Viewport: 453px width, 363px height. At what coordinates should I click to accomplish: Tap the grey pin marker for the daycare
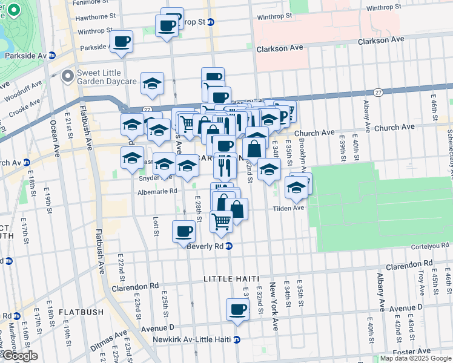tap(67, 76)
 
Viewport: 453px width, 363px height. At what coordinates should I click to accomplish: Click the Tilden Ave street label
tap(290, 208)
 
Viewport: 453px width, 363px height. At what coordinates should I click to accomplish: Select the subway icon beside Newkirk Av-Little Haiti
tap(237, 339)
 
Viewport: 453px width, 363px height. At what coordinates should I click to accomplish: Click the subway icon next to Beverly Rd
tap(229, 246)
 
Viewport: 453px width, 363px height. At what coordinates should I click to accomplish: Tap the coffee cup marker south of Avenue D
tap(237, 310)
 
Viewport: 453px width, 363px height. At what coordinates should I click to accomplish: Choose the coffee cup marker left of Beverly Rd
tap(183, 231)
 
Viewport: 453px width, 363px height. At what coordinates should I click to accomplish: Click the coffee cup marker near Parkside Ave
tap(122, 41)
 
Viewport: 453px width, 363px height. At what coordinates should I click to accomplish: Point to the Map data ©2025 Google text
tap(415, 358)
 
